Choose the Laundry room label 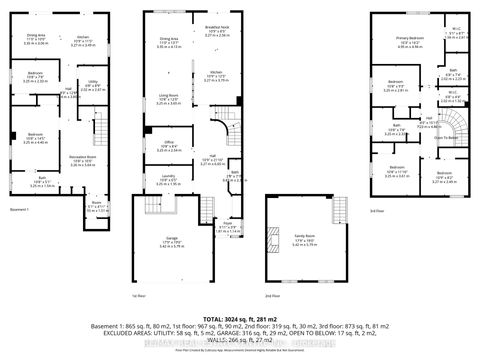[x=167, y=181]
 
